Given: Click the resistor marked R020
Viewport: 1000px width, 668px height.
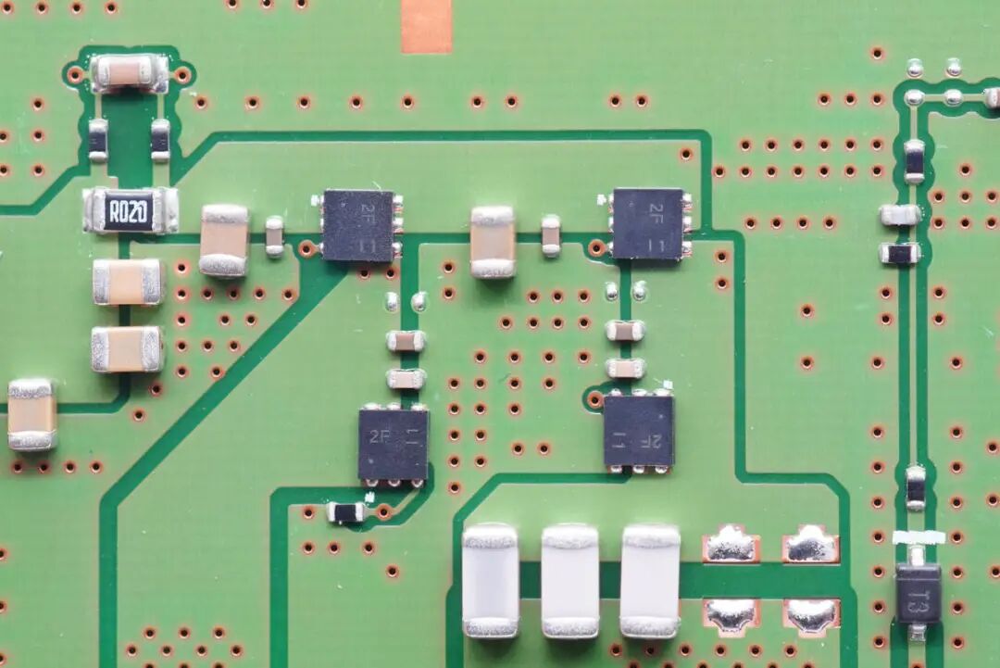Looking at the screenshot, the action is click(130, 211).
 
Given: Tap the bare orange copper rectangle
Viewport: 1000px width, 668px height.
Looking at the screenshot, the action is click(426, 25).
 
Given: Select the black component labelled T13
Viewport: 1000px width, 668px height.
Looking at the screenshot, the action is click(918, 594).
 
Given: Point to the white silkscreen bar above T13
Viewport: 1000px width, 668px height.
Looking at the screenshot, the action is click(919, 537).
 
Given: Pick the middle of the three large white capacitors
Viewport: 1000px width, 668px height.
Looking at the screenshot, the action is click(569, 581).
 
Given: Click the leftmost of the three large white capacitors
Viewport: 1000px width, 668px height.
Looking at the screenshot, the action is click(491, 581).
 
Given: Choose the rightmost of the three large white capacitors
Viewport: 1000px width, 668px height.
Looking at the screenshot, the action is click(650, 581).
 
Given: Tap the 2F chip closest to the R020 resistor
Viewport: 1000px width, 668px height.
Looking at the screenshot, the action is click(359, 225).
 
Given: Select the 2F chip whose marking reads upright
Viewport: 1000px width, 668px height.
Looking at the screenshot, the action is click(394, 444).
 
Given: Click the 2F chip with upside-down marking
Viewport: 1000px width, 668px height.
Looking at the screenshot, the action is click(638, 431).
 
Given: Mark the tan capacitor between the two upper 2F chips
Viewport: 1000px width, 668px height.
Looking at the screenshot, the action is click(493, 242).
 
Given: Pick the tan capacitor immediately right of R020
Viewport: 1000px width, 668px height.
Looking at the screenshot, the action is click(224, 240).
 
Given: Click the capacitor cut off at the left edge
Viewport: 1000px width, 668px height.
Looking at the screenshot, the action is click(31, 414).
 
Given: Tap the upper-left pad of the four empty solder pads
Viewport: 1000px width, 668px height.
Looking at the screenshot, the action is click(731, 544).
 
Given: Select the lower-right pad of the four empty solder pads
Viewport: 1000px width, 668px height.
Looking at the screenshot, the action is click(811, 615).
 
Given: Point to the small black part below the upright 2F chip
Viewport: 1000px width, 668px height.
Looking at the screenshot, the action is click(346, 511).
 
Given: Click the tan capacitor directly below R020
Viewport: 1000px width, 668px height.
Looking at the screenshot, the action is click(128, 282).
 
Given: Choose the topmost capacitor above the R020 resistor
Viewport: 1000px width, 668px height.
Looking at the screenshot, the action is click(129, 72).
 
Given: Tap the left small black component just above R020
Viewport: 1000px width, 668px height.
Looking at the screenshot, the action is click(98, 139).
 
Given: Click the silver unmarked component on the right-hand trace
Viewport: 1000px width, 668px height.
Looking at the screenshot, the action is click(900, 215).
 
